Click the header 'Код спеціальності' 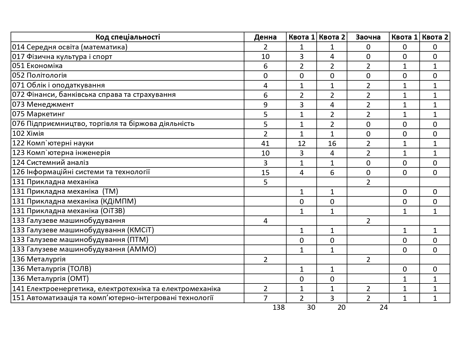(x=128, y=37)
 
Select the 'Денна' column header (x=265, y=37)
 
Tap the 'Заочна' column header (x=368, y=37)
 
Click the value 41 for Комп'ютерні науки (x=265, y=143)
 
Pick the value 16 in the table (x=332, y=143)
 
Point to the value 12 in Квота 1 (x=301, y=143)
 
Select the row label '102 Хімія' (x=28, y=133)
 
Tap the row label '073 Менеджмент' (x=43, y=104)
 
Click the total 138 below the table (x=278, y=307)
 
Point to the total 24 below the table (x=384, y=307)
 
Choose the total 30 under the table (x=311, y=307)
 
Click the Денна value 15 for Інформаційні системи (x=265, y=173)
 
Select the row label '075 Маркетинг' (x=39, y=114)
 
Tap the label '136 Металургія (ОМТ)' (x=51, y=279)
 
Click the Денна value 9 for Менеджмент (x=265, y=105)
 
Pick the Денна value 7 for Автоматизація (x=265, y=298)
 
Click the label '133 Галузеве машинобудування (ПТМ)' (x=80, y=240)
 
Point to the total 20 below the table (x=341, y=307)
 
